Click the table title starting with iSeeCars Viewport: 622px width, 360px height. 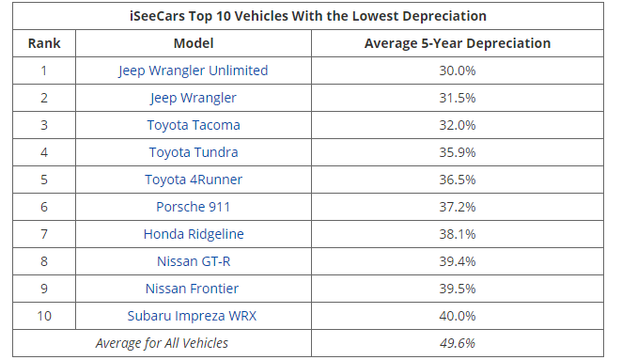pyautogui.click(x=307, y=16)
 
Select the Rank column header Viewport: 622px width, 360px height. pyautogui.click(x=43, y=43)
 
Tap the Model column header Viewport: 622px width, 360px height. pyautogui.click(x=194, y=43)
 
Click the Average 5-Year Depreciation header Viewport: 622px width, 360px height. pyautogui.click(x=457, y=43)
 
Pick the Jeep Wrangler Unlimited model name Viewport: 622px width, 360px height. pyautogui.click(x=194, y=70)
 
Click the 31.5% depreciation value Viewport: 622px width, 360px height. pyautogui.click(x=457, y=98)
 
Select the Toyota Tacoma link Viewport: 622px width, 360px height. pyautogui.click(x=194, y=125)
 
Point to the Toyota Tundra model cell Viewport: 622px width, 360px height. pyautogui.click(x=194, y=152)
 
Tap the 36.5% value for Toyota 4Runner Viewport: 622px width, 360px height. pyautogui.click(x=457, y=180)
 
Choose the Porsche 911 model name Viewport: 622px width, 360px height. pyautogui.click(x=194, y=207)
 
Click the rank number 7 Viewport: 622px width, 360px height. pyautogui.click(x=43, y=234)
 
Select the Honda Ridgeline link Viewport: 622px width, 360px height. pyautogui.click(x=194, y=234)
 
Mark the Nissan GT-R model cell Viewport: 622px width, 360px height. pyautogui.click(x=194, y=261)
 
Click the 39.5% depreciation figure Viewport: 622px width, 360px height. pyautogui.click(x=457, y=289)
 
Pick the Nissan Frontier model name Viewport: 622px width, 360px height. pyautogui.click(x=194, y=289)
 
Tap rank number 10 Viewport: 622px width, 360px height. pyautogui.click(x=43, y=316)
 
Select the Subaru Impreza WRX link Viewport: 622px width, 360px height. pyautogui.click(x=194, y=316)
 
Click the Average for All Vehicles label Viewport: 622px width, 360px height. pyautogui.click(x=162, y=343)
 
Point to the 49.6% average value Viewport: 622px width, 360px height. pyautogui.click(x=457, y=343)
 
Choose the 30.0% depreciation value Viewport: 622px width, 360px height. pyautogui.click(x=457, y=70)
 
